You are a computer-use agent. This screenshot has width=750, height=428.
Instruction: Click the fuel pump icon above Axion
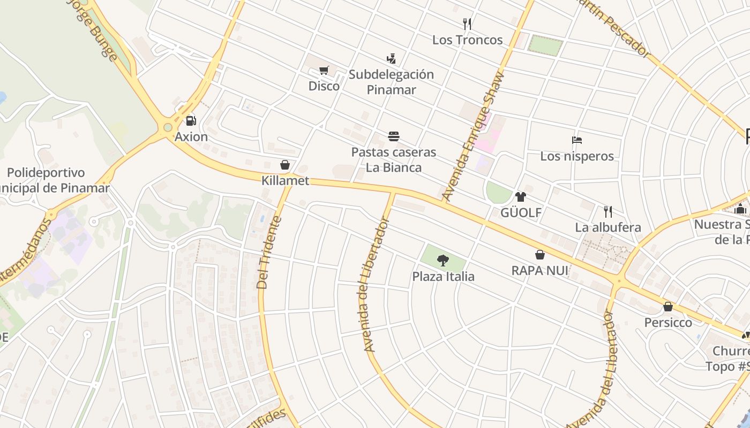[190, 121]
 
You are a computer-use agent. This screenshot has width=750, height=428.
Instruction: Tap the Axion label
[191, 136]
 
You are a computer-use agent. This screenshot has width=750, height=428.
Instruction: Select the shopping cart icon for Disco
[324, 70]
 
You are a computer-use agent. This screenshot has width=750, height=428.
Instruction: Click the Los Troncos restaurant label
[467, 40]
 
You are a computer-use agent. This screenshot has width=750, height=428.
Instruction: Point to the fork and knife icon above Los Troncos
[467, 24]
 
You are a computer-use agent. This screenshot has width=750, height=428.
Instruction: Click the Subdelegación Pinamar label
[391, 82]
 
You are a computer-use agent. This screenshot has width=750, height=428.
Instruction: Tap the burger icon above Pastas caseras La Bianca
[394, 136]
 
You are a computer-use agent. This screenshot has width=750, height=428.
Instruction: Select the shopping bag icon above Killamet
[285, 165]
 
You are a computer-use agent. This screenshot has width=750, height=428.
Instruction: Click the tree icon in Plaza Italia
[442, 261]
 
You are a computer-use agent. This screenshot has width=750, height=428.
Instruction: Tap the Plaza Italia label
[443, 277]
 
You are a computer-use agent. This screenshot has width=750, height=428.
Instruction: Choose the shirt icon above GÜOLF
[521, 197]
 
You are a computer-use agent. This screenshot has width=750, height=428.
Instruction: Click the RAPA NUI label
[539, 271]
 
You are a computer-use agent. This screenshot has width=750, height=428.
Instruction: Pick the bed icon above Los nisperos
[577, 140]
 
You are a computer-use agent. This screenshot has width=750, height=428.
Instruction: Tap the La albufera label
[607, 227]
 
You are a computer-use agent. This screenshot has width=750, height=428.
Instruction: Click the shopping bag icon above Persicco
[668, 307]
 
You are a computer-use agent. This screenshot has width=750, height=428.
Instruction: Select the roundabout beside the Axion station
[168, 127]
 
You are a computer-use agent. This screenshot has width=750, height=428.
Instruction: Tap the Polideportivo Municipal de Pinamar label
[54, 180]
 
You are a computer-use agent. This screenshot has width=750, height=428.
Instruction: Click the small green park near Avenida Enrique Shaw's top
[545, 44]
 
